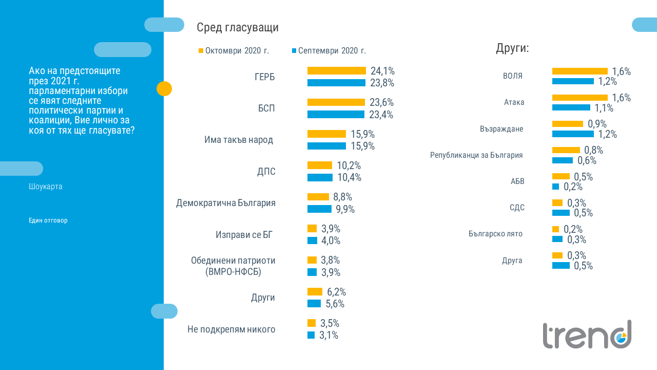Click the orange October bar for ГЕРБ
(x=336, y=71)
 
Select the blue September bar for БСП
(x=336, y=115)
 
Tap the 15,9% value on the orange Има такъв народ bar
(x=362, y=134)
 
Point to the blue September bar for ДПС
(x=320, y=177)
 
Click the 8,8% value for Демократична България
(x=342, y=197)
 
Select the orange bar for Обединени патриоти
(x=312, y=260)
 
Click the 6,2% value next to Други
(x=336, y=292)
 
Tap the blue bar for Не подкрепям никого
(x=311, y=335)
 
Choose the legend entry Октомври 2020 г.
(x=237, y=51)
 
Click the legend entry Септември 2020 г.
(x=332, y=51)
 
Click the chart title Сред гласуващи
(x=238, y=28)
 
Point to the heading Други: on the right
(x=512, y=49)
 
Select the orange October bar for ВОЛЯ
(x=579, y=71)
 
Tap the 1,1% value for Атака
(x=604, y=108)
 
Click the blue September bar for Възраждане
(x=573, y=134)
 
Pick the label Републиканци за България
(x=476, y=155)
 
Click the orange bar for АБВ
(x=561, y=176)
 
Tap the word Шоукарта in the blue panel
(x=46, y=187)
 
